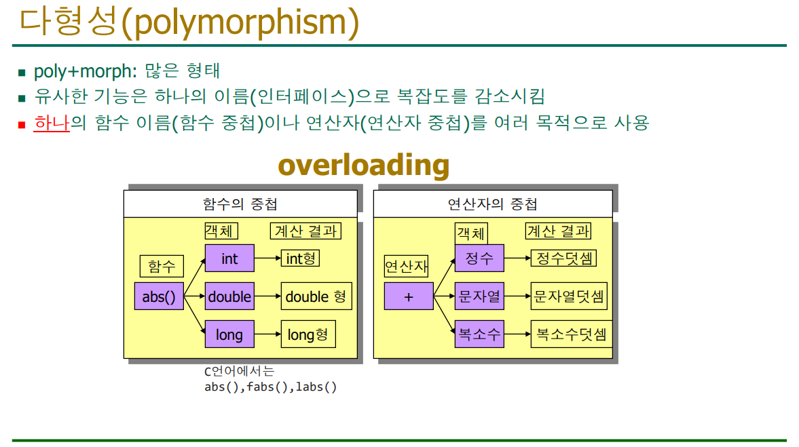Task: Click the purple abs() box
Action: (x=159, y=296)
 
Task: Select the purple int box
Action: (x=229, y=258)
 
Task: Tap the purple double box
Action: (x=229, y=296)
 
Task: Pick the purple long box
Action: (x=229, y=334)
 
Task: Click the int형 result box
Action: (x=300, y=258)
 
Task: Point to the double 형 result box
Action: (x=316, y=296)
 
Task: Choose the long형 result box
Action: (x=308, y=334)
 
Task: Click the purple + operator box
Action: (x=409, y=296)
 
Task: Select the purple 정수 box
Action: (x=479, y=258)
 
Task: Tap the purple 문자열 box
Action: (x=479, y=296)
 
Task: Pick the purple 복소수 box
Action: (x=479, y=334)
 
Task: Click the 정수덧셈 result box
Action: (x=563, y=258)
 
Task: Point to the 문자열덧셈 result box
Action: (x=569, y=296)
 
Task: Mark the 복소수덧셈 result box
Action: (x=571, y=334)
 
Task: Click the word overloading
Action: (x=364, y=165)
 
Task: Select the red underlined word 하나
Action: (x=52, y=123)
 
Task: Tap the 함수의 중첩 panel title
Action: (x=240, y=204)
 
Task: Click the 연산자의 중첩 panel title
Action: (x=492, y=204)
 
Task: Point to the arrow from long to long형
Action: (x=267, y=334)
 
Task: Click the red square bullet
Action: (x=22, y=124)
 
